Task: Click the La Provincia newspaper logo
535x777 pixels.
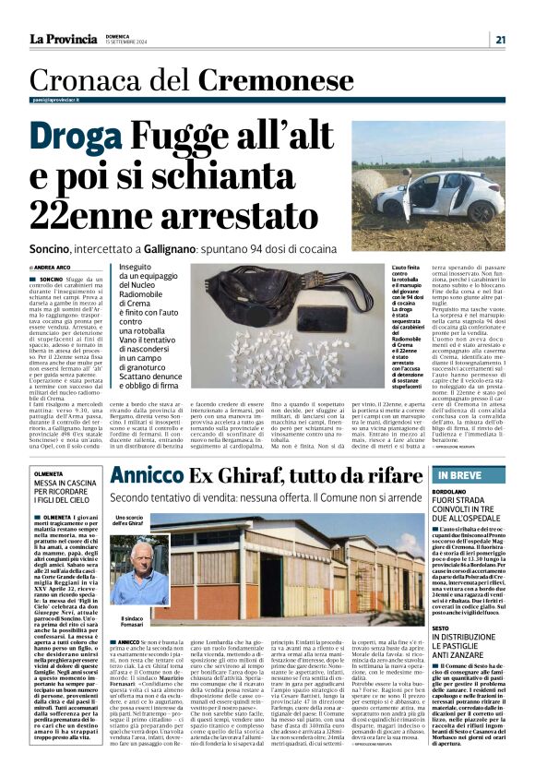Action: point(63,39)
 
